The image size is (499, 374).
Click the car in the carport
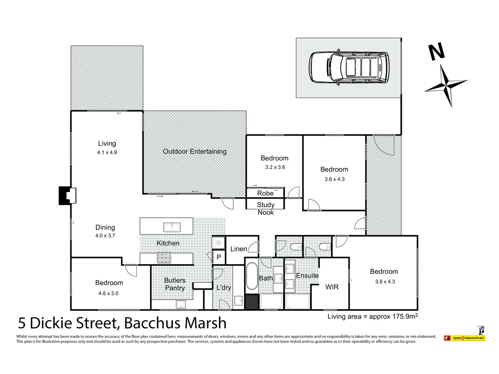(x=349, y=68)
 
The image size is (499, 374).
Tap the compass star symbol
(x=446, y=85)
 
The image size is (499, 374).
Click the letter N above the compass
(x=436, y=52)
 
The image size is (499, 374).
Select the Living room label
(x=107, y=143)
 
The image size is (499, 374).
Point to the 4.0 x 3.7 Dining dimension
(x=105, y=235)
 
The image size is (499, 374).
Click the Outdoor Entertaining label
(x=194, y=151)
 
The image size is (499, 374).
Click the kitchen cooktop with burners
(x=164, y=258)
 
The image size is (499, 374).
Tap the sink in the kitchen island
(x=172, y=227)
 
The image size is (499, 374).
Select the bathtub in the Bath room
(x=252, y=276)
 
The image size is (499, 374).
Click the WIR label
(x=332, y=287)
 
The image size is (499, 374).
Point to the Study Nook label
(x=265, y=208)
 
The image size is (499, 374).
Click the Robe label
(x=265, y=193)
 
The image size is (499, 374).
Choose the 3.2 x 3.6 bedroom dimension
(x=275, y=167)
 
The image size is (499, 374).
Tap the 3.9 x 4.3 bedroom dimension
(x=385, y=282)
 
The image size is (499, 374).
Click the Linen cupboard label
(x=238, y=249)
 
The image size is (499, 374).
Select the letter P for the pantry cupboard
(x=219, y=257)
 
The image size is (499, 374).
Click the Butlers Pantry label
(x=175, y=284)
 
